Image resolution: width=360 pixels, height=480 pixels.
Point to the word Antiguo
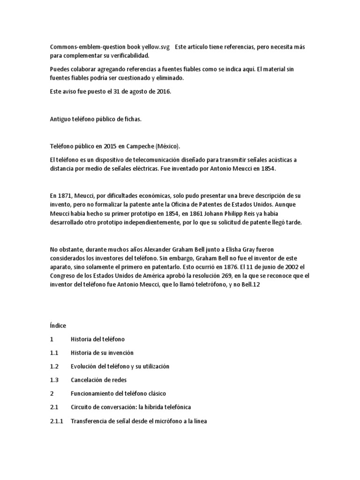coord(60,119)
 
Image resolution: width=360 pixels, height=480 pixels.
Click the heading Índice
coord(58,325)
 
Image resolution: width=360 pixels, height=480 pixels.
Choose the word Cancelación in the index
coord(88,380)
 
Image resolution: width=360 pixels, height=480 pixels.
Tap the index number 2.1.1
coord(56,421)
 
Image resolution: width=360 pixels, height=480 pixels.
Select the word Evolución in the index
coord(85,366)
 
